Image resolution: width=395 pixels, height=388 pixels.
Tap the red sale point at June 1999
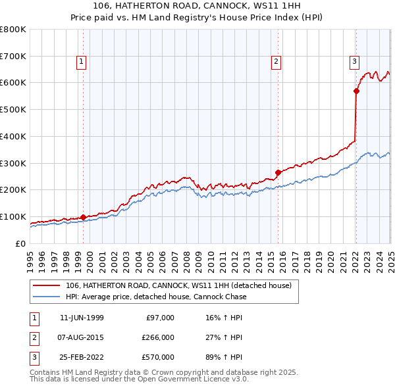pyautogui.click(x=84, y=217)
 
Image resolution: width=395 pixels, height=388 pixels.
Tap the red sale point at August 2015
pyautogui.click(x=278, y=172)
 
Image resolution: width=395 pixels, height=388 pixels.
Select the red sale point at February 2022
pyautogui.click(x=356, y=91)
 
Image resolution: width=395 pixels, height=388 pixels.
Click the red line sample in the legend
pyautogui.click(x=46, y=285)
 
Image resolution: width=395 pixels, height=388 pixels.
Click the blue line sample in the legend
pyautogui.click(x=46, y=297)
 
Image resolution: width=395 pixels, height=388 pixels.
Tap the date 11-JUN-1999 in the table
pyautogui.click(x=82, y=318)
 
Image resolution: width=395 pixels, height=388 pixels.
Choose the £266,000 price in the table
pyautogui.click(x=158, y=338)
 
